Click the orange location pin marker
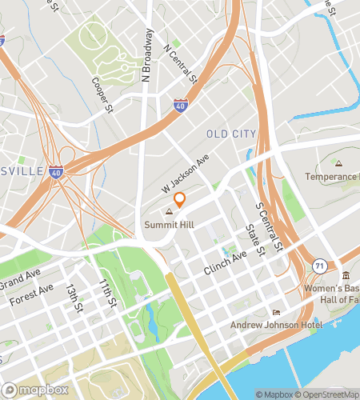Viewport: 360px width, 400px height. (x=180, y=199)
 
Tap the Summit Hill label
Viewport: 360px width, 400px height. (x=169, y=225)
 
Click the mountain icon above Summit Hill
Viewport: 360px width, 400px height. (x=169, y=213)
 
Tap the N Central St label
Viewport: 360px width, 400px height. (x=180, y=64)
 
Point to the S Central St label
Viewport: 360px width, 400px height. (x=270, y=226)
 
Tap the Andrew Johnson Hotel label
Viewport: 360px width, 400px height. (x=276, y=325)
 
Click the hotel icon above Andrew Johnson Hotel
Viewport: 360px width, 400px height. (x=276, y=313)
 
